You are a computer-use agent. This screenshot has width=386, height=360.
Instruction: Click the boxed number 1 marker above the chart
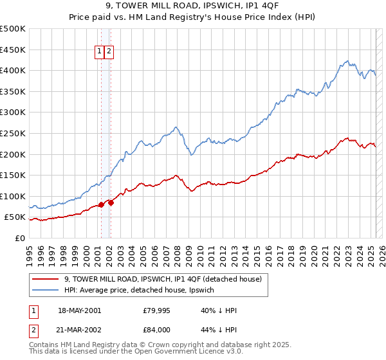[x=100, y=52]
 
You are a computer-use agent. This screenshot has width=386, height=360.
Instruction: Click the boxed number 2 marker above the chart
[x=109, y=52]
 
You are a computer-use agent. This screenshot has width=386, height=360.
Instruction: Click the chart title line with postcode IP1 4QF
[x=193, y=7]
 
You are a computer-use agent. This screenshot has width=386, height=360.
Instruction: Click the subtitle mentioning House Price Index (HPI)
[x=193, y=18]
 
